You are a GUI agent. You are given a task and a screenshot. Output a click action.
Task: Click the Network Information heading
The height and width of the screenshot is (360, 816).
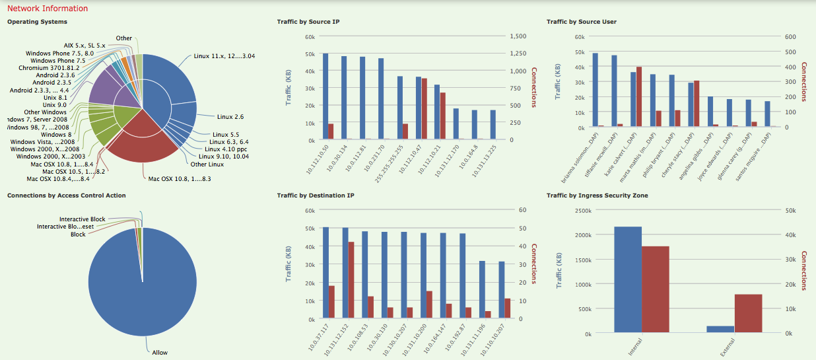click(47, 9)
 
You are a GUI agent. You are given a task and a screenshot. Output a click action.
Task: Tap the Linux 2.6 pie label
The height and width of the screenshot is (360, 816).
click(230, 117)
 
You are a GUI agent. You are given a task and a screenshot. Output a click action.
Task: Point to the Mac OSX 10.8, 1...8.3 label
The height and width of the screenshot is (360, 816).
click(179, 179)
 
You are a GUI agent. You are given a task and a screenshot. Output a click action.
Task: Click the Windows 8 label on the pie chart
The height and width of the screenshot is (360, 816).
click(55, 135)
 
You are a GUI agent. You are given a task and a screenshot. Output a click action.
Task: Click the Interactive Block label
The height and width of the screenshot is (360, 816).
click(82, 219)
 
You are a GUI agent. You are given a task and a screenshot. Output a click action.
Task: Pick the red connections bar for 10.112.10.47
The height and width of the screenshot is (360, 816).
click(424, 109)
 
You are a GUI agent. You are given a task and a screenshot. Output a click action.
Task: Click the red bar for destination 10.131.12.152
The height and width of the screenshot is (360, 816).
click(351, 280)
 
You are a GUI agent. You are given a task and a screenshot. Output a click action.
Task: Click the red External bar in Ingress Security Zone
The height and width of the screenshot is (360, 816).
click(748, 313)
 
